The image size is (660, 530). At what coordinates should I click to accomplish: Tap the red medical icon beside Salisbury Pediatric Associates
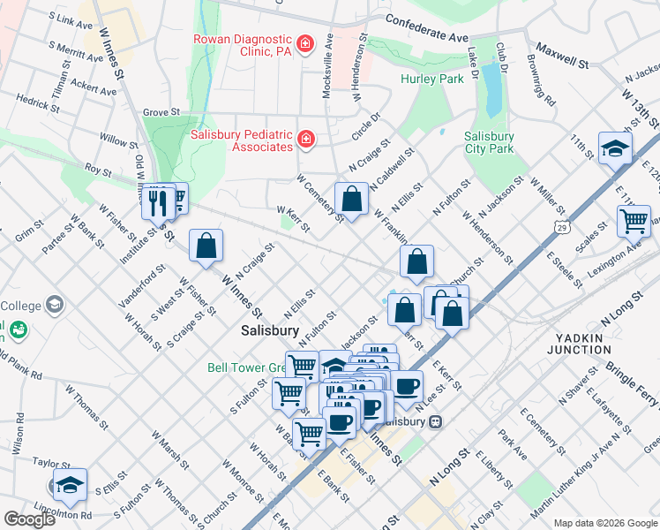pos(305,140)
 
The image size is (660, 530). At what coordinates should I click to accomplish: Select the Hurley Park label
pos(432,79)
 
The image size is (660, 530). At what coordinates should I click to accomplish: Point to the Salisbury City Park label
pos(489,142)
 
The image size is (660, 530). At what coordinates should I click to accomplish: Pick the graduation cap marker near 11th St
pos(615,148)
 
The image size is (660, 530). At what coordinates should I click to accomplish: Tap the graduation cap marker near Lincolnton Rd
pos(70,485)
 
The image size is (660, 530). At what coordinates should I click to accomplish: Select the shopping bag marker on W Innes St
pos(206,246)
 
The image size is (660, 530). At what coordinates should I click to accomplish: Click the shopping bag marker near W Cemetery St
pos(351,199)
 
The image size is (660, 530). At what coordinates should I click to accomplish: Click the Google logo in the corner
pos(29,519)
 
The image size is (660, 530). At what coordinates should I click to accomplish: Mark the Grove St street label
pos(161,113)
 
